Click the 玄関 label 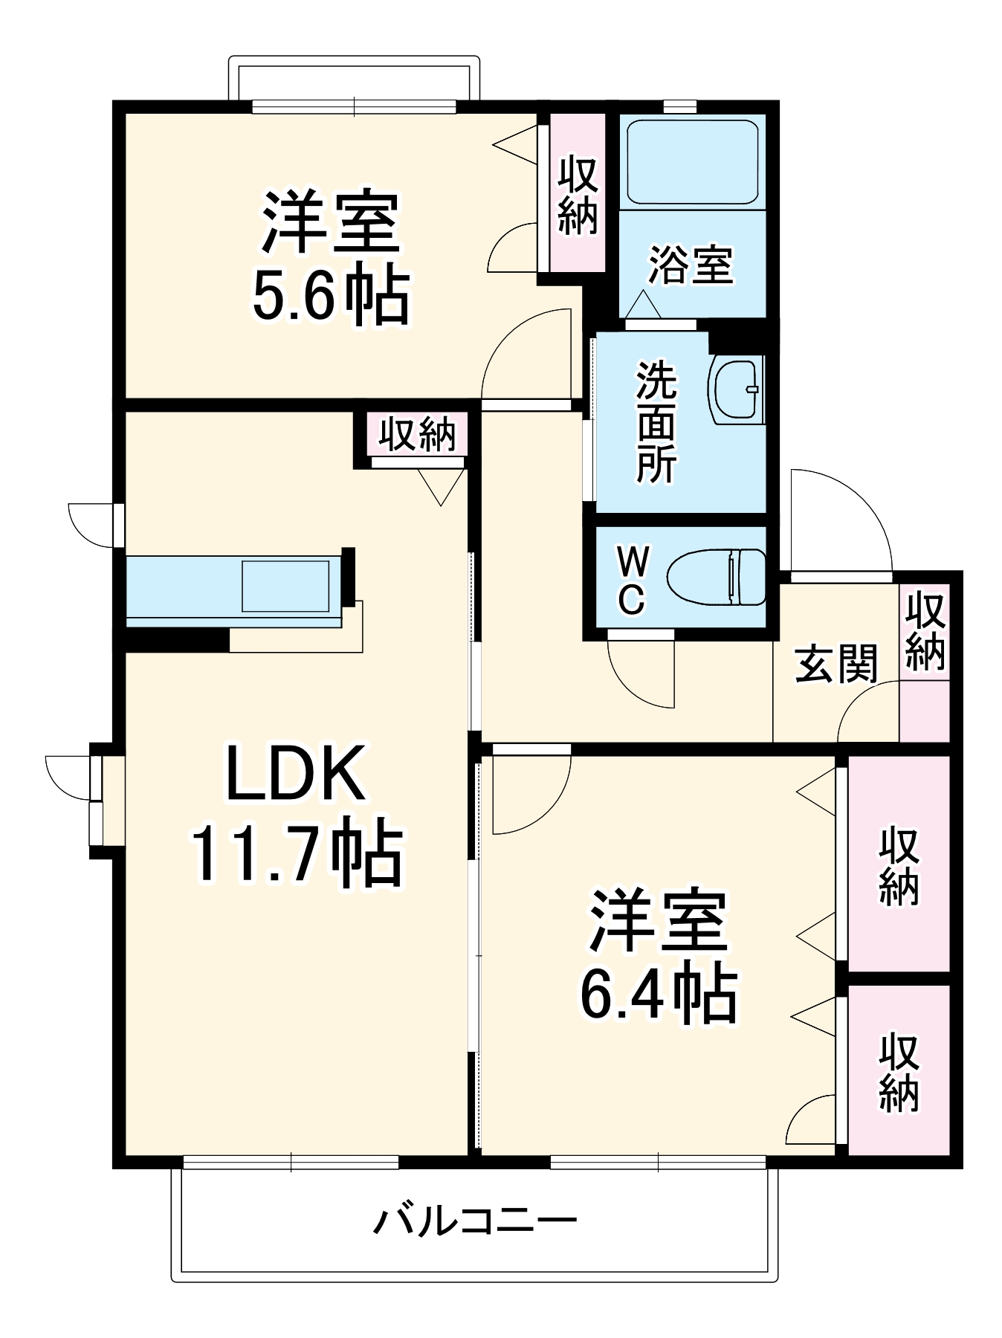[836, 663]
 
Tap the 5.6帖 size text [331, 295]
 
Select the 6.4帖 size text [658, 994]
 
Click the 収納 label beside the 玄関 [925, 630]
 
